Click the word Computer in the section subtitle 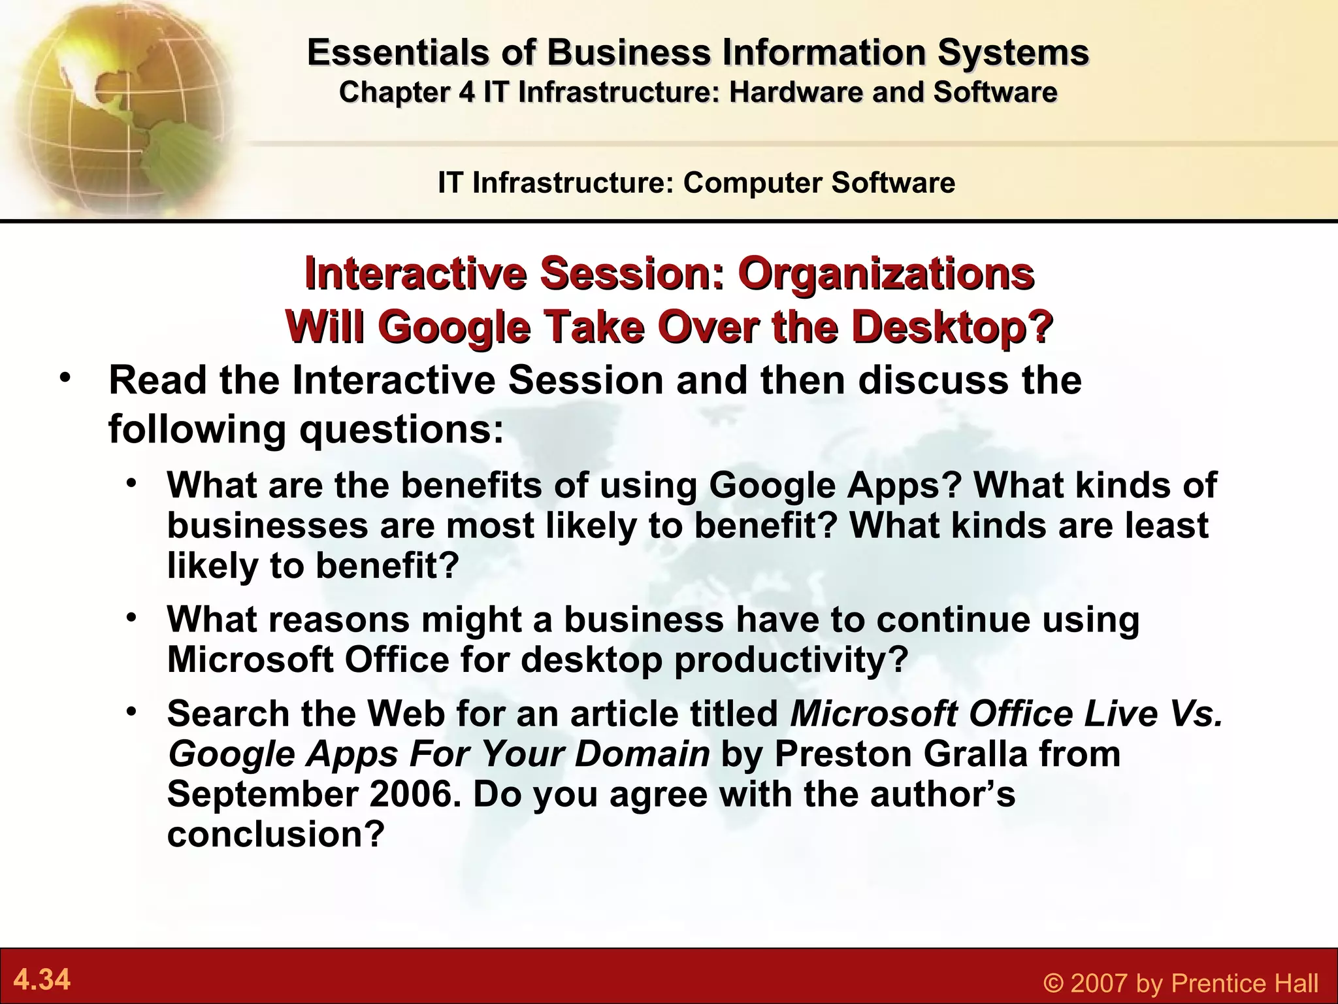click(x=751, y=182)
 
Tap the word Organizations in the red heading click(x=886, y=273)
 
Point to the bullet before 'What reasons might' click(x=133, y=617)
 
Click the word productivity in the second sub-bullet click(x=791, y=660)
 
